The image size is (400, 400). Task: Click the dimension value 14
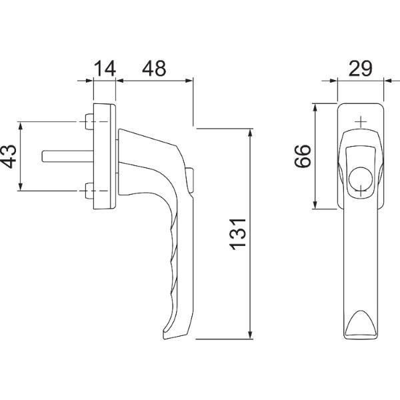pos(105,69)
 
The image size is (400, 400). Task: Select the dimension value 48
pos(154,69)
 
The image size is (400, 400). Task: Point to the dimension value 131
pos(238,234)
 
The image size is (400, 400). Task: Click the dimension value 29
pos(360,69)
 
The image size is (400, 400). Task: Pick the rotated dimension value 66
pos(303,156)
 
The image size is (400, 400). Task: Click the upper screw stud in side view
pos(89,122)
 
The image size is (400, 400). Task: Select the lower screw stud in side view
pos(89,191)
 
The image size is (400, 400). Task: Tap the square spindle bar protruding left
pos(68,156)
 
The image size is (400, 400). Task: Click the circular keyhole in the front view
pos(361,179)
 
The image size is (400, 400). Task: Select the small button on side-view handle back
pos(190,180)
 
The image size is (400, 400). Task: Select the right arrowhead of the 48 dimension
pos(188,81)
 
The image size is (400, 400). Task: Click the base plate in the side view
pos(105,157)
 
